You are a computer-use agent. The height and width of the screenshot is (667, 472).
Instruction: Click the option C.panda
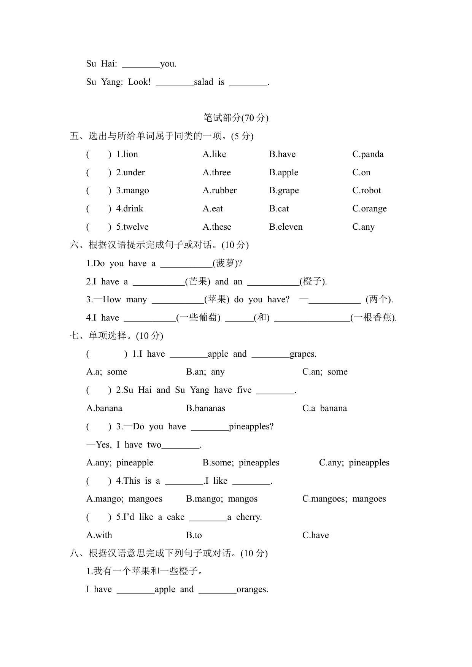click(368, 154)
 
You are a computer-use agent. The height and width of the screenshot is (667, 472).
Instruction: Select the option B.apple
click(283, 173)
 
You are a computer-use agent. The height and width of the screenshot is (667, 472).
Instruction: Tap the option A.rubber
click(219, 191)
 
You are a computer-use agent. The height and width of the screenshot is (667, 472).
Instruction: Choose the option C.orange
click(369, 209)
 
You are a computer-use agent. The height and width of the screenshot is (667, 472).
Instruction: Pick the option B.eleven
click(286, 227)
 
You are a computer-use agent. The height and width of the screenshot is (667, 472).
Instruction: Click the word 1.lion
click(127, 154)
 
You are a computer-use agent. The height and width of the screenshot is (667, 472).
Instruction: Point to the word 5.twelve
click(132, 227)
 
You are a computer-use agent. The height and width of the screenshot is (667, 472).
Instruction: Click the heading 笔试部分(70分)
click(236, 118)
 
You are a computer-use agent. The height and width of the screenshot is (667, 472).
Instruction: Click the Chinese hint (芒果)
click(197, 281)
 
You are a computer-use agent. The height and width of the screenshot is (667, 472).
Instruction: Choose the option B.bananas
click(205, 408)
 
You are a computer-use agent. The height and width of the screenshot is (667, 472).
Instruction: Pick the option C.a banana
click(324, 408)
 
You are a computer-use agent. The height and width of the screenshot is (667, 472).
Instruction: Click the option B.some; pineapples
click(241, 463)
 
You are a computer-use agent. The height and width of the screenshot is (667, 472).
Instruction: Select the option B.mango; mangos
click(221, 499)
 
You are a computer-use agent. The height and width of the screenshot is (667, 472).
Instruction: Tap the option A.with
click(99, 535)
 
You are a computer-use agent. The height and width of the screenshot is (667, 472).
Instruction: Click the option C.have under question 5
click(315, 535)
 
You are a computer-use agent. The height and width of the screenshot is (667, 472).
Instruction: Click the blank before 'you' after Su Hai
click(141, 64)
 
